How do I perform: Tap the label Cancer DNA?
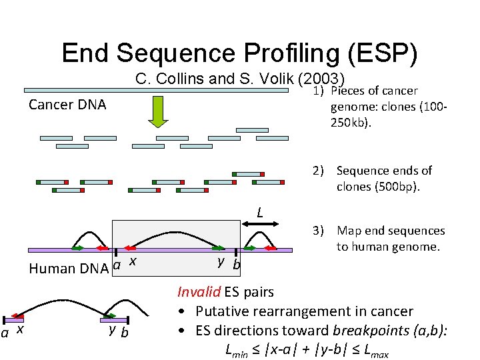coord(67,105)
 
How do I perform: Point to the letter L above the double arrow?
coord(261,213)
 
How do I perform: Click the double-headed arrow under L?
coord(260,229)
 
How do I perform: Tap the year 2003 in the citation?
coord(322,79)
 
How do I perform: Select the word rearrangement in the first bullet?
coord(314,311)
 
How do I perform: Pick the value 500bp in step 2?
coord(395,187)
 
